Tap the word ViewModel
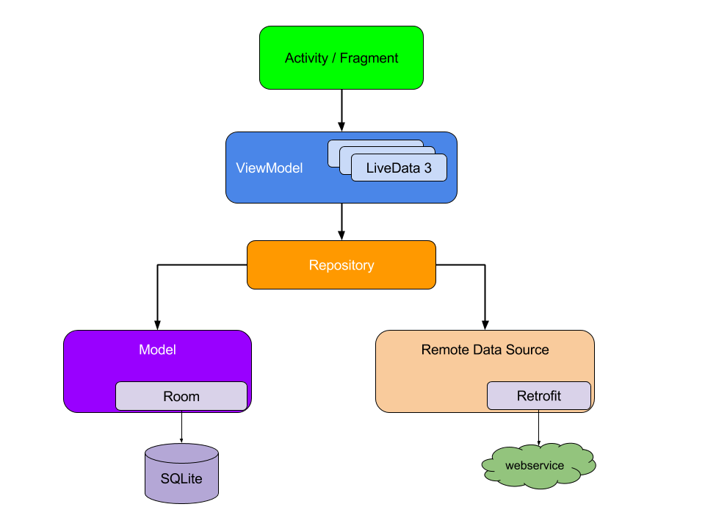(269, 168)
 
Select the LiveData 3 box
(399, 168)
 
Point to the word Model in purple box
(157, 350)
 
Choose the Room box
(181, 396)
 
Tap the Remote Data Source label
(485, 350)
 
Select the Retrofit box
(538, 396)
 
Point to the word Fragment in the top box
(369, 58)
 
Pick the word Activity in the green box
(306, 58)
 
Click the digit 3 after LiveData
(427, 168)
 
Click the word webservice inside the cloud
(535, 466)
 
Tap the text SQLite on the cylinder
(181, 479)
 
